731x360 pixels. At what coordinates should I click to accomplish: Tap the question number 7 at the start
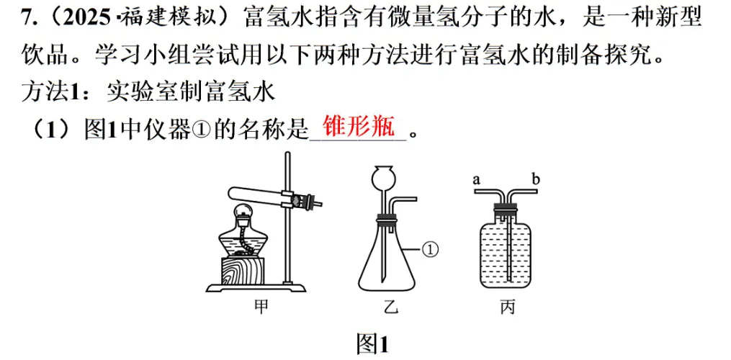click(x=28, y=19)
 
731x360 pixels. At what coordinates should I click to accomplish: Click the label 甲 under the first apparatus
click(x=261, y=308)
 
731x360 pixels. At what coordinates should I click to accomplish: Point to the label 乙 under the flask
click(x=390, y=308)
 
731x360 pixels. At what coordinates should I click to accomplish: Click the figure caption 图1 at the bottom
click(x=372, y=343)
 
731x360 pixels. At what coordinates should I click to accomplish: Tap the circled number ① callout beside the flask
click(x=429, y=249)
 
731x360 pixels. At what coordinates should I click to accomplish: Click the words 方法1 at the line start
click(x=53, y=91)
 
